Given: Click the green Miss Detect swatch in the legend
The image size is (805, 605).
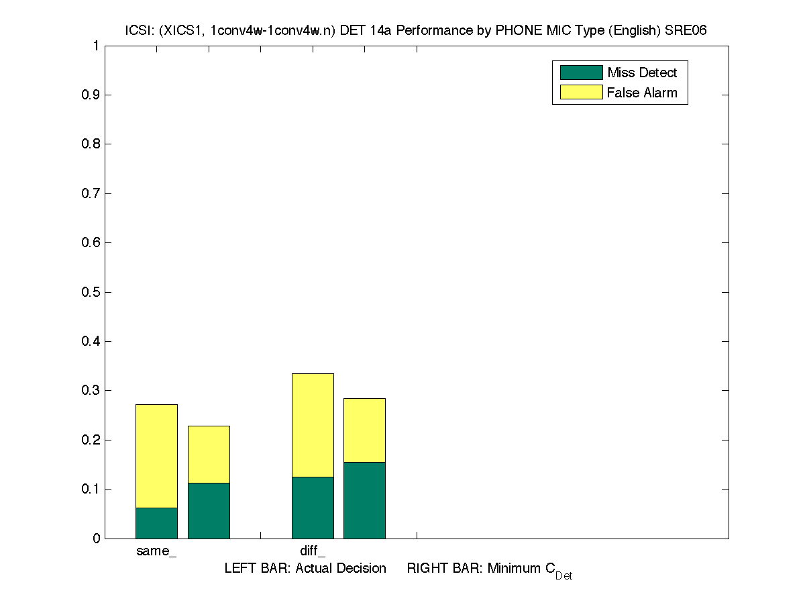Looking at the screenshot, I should pyautogui.click(x=581, y=73).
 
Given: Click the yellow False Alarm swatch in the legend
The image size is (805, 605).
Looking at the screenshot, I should pyautogui.click(x=581, y=93).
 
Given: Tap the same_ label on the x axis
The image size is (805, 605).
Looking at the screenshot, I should pyautogui.click(x=156, y=552).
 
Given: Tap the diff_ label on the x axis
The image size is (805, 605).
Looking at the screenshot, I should pyautogui.click(x=313, y=552).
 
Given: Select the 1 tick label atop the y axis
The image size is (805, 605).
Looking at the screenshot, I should pyautogui.click(x=96, y=46).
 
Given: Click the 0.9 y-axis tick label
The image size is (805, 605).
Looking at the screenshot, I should pyautogui.click(x=91, y=95).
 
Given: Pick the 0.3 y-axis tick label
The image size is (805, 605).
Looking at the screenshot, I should pyautogui.click(x=91, y=391).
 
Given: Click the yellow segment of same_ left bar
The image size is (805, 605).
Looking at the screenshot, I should pyautogui.click(x=156, y=456).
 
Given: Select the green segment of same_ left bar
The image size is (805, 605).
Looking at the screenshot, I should pyautogui.click(x=156, y=523).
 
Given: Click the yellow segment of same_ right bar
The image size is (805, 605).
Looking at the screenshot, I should pyautogui.click(x=209, y=454).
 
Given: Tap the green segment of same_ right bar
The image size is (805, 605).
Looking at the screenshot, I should pyautogui.click(x=209, y=510).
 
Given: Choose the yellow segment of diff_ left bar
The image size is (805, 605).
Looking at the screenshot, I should pyautogui.click(x=313, y=425).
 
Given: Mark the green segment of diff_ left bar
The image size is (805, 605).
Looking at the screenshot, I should pyautogui.click(x=313, y=508).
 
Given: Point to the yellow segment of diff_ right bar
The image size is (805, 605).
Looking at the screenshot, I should pyautogui.click(x=364, y=430).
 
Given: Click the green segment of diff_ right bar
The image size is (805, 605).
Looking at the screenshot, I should pyautogui.click(x=364, y=500).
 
